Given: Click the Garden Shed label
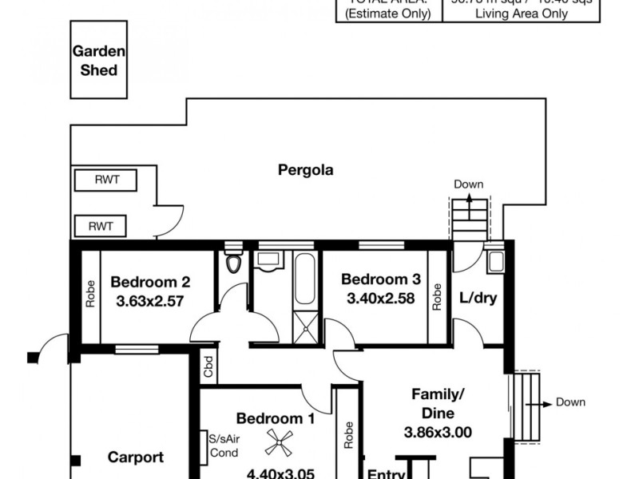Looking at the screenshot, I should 100,61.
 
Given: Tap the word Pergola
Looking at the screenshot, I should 305,169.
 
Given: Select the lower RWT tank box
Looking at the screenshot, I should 100,227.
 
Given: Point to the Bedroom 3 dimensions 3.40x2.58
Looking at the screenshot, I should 380,299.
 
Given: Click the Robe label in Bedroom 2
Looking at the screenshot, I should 89,294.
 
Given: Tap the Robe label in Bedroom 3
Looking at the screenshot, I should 437,297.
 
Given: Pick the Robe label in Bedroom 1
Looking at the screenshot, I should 348,435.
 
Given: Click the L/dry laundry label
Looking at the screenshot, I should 477,298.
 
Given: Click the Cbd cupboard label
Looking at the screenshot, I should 209,369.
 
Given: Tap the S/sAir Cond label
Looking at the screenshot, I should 223,445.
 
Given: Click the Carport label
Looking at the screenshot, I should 135,457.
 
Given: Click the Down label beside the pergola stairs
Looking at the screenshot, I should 469,184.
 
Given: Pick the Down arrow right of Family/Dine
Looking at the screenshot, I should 551,403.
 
